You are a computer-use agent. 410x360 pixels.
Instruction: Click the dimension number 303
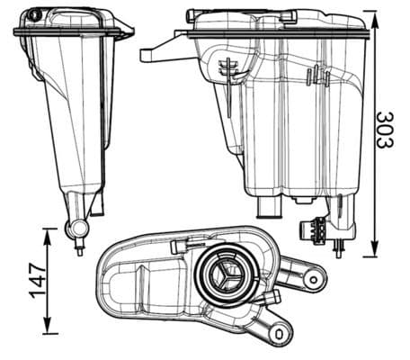point(386,131)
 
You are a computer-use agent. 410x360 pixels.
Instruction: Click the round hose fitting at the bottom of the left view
point(75,229)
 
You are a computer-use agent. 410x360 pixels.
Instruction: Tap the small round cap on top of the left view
point(34,15)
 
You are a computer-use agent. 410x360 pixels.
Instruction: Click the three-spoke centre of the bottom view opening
point(224,276)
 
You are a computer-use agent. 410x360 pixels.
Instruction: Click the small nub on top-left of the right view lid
point(191,14)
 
